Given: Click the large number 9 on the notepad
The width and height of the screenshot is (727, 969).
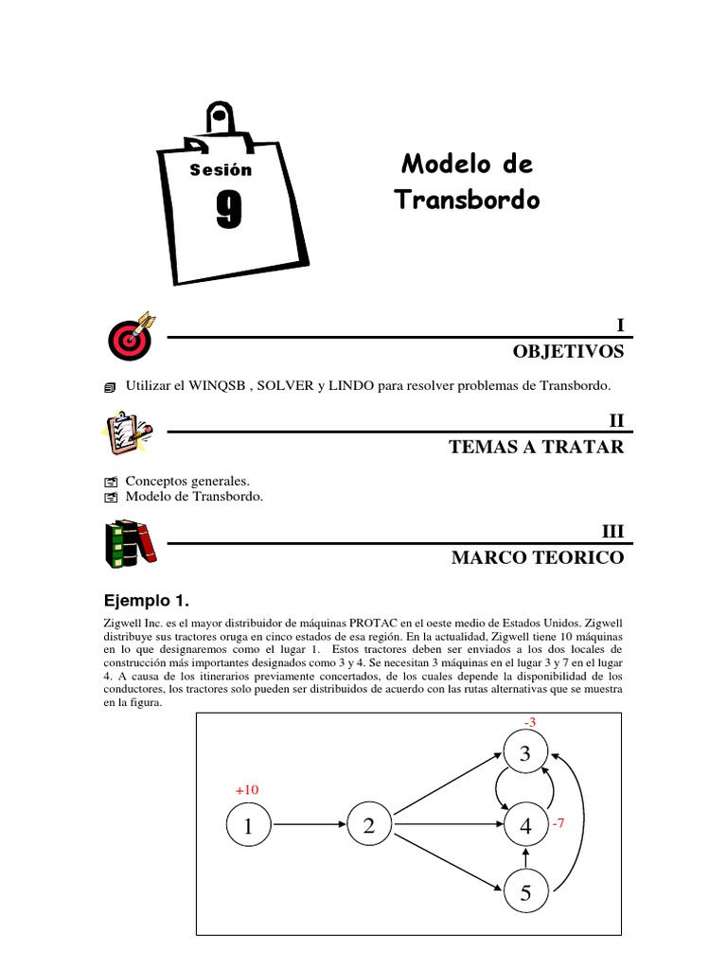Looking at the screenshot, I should [x=228, y=210].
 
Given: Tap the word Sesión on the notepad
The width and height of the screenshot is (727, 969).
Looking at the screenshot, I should [x=221, y=170].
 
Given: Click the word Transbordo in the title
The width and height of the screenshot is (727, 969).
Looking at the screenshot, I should [x=467, y=201].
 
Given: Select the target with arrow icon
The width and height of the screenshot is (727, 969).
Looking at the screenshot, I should [x=131, y=335].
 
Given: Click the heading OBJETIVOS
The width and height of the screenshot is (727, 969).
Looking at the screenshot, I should [x=568, y=351].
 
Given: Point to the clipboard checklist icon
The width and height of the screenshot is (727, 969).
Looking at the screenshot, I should [x=128, y=432].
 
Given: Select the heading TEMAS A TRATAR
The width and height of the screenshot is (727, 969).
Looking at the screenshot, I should [x=537, y=447].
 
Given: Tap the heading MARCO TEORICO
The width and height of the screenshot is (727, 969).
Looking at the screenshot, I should [x=538, y=558].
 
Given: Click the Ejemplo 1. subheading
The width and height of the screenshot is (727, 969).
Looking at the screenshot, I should [x=146, y=600].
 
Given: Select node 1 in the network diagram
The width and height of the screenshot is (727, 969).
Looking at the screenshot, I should [x=248, y=826].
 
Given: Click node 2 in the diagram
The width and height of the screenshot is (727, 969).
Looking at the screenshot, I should [x=369, y=826].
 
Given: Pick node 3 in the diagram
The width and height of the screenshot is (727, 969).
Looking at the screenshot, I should [x=525, y=753].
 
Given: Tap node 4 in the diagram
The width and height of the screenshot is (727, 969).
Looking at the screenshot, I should [x=525, y=826].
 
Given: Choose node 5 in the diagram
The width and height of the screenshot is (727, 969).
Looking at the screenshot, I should [x=525, y=891].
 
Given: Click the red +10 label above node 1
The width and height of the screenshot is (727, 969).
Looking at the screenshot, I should [x=246, y=789].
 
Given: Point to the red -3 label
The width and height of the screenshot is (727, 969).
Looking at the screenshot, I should [x=530, y=723].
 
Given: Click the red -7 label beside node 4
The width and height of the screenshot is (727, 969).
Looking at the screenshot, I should [x=558, y=824].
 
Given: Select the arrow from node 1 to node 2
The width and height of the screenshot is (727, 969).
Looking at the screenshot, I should [x=309, y=826].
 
